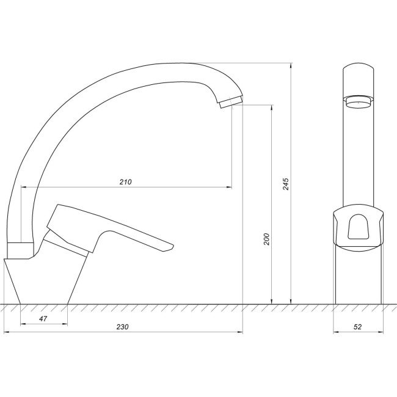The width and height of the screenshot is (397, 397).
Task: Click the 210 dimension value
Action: pyautogui.click(x=126, y=182)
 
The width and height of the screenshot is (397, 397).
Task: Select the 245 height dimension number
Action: pyautogui.click(x=285, y=183)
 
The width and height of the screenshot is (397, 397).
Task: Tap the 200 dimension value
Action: pyautogui.click(x=266, y=239)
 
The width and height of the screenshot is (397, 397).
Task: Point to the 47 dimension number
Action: pyautogui.click(x=43, y=319)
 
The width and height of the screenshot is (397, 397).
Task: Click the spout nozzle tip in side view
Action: pyautogui.click(x=230, y=102)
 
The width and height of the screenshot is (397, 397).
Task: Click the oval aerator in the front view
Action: pyautogui.click(x=358, y=103)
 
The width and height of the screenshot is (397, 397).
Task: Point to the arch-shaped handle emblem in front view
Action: pyautogui.click(x=358, y=230)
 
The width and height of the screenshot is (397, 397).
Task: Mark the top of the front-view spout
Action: pyautogui.click(x=358, y=66)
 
